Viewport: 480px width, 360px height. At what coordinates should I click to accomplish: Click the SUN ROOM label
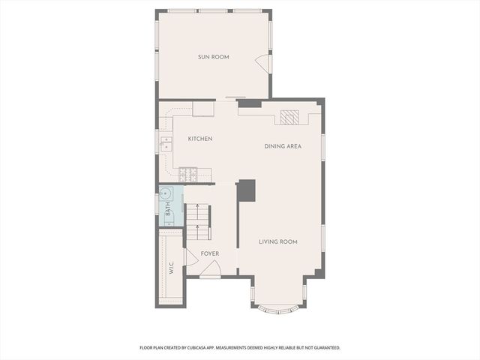(214, 57)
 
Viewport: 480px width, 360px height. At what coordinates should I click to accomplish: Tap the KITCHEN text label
(200, 139)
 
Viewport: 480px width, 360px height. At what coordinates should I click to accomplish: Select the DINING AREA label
(283, 146)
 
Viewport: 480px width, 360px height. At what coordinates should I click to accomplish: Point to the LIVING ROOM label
(278, 241)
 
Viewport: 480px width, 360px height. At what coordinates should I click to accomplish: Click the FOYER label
(209, 253)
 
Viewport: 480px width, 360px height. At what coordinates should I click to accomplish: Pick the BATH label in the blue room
(168, 212)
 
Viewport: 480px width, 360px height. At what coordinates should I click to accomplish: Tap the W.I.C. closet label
(172, 266)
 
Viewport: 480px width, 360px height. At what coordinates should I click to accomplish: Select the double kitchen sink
(164, 143)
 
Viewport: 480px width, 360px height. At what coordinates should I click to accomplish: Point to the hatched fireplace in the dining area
(289, 118)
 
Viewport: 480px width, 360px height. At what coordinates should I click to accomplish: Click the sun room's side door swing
(262, 64)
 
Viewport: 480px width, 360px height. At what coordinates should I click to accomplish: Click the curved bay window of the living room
(277, 308)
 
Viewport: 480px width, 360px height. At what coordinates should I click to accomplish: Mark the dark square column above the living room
(247, 190)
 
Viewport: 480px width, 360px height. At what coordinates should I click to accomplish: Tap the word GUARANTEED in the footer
(324, 348)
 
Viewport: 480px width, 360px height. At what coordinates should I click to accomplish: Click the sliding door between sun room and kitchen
(235, 97)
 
